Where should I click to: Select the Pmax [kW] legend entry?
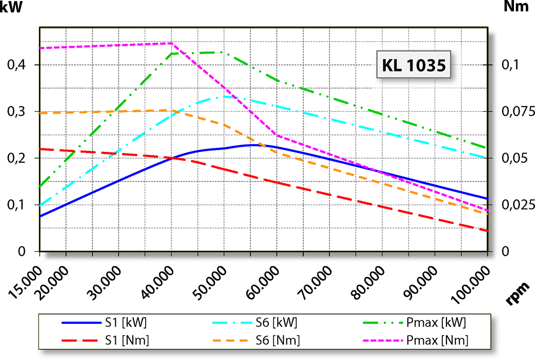[417, 323]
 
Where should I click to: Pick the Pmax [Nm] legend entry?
[417, 340]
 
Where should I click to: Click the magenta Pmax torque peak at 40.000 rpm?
[171, 43]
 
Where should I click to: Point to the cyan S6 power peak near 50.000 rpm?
[225, 96]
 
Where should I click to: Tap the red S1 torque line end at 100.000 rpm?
[487, 231]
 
